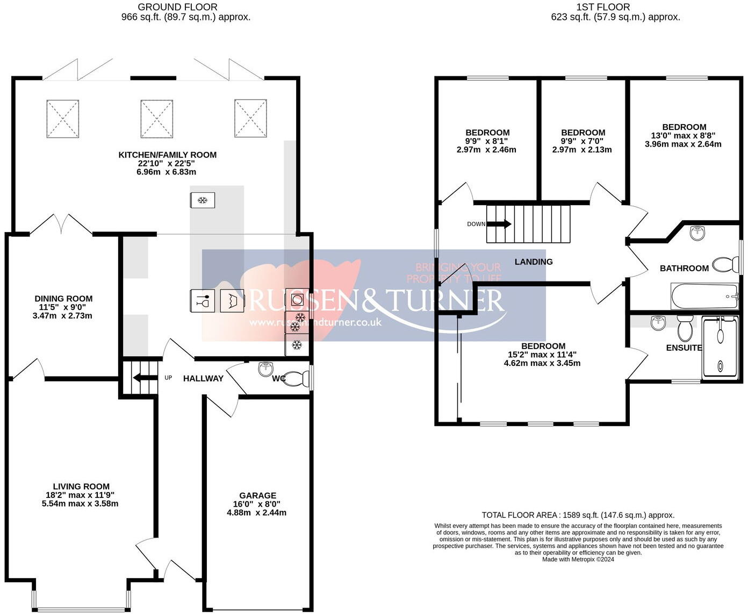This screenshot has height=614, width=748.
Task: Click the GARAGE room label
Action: [257, 495]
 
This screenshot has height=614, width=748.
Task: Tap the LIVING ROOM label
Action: [81, 486]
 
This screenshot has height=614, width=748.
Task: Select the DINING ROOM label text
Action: [63, 299]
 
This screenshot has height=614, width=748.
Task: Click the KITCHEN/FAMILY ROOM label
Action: [167, 155]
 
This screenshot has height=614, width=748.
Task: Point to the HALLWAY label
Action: [203, 378]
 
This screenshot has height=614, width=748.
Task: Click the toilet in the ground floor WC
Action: [294, 378]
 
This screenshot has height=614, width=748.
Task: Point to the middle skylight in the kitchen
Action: [156, 119]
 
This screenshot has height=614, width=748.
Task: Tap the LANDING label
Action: [534, 262]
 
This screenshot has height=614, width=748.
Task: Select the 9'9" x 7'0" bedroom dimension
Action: [582, 141]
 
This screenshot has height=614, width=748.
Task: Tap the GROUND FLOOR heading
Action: [178, 7]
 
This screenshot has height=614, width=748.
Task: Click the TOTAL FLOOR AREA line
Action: [578, 515]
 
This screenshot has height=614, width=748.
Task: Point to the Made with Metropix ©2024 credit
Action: [578, 559]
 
